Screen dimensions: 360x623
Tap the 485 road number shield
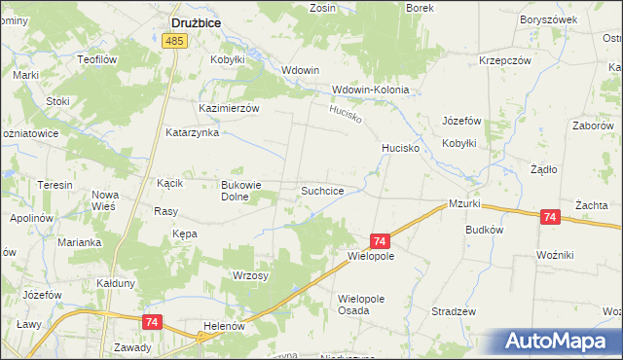(x=174, y=41)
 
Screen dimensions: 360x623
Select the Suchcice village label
(x=321, y=191)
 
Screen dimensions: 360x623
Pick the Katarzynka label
(x=192, y=132)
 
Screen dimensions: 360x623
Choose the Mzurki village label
(x=465, y=204)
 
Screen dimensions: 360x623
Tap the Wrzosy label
(x=251, y=275)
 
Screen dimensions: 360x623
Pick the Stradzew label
(x=453, y=311)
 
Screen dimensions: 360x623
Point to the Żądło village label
(x=542, y=168)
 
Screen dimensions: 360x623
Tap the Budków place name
(x=484, y=231)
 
